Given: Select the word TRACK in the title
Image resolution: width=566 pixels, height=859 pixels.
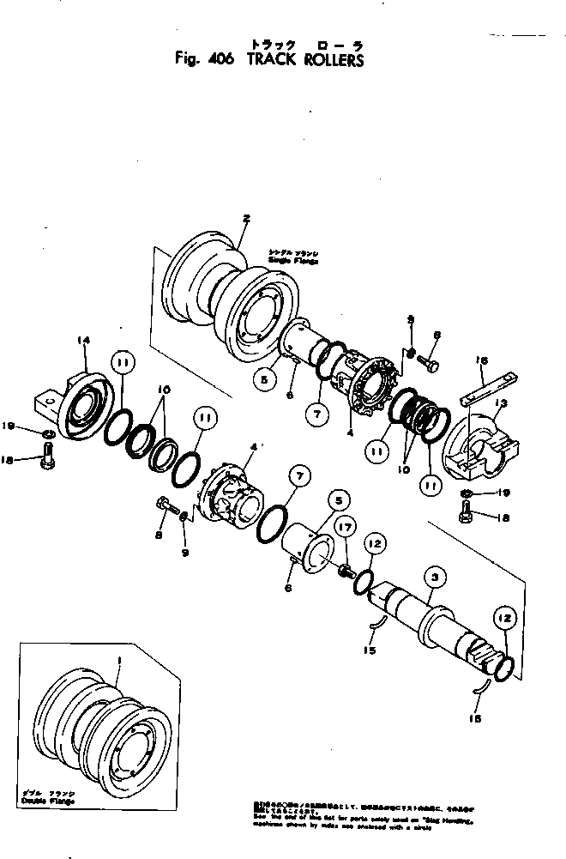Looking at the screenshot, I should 266,61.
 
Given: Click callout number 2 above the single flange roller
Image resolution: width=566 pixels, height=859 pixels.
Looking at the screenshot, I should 246,220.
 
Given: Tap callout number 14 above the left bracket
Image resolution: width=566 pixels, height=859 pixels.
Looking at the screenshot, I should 82,341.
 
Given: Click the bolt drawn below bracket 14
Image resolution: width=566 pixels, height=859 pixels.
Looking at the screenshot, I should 46,462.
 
